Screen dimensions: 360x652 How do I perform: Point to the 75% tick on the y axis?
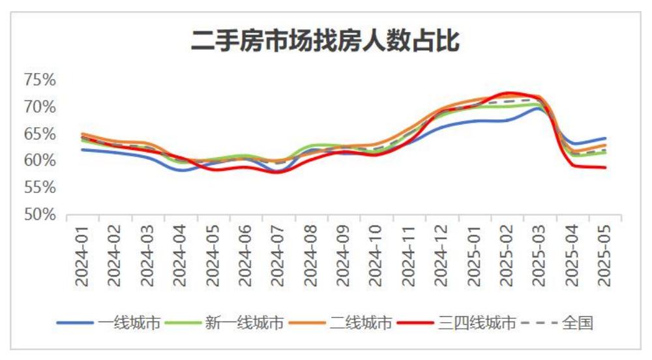[40, 80]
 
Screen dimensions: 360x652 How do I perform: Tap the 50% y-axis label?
[40, 215]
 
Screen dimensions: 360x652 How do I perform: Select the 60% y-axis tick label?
[40, 160]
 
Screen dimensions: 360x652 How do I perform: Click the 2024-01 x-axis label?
[83, 256]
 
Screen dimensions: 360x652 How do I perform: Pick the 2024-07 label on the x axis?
[278, 256]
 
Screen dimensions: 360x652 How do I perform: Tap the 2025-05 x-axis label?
[605, 256]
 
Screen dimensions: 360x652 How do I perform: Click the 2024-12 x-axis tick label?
[441, 256]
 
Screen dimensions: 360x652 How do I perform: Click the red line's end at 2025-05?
[605, 168]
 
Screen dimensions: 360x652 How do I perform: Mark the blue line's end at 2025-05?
[605, 138]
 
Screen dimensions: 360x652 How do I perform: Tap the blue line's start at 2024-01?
[83, 149]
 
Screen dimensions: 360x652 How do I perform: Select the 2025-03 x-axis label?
[540, 256]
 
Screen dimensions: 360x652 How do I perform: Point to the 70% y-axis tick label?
[40, 106]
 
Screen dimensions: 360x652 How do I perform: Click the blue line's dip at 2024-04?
[181, 170]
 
